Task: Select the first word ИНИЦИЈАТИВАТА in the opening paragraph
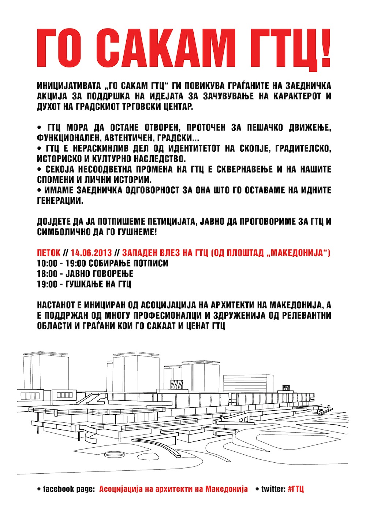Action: [x=68, y=86]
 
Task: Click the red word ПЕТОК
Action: [x=49, y=253]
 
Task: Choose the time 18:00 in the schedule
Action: [x=47, y=274]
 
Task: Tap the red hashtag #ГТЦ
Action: [x=296, y=489]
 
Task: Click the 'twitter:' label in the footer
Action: [x=273, y=489]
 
